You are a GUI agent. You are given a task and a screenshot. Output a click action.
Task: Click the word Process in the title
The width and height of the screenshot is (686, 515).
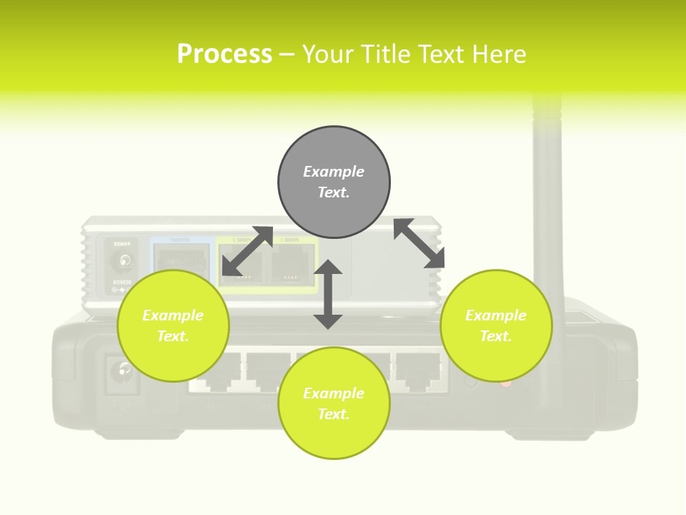(224, 54)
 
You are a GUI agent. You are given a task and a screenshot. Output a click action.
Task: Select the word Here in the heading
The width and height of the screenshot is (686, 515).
(500, 54)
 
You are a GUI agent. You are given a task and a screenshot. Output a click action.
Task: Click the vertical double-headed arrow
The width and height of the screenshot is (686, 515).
(328, 294)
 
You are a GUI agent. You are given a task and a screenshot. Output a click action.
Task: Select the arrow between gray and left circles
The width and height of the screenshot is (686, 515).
(247, 251)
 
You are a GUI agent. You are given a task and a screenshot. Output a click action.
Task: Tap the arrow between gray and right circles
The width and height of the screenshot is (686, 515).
(419, 243)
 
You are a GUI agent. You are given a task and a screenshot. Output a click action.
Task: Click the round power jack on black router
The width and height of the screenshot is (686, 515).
(123, 371)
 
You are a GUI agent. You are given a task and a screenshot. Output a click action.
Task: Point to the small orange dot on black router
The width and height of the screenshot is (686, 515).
(506, 383)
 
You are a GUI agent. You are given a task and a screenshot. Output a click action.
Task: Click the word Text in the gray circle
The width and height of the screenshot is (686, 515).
(333, 192)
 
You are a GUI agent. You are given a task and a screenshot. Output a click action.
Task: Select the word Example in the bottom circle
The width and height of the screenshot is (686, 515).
(333, 393)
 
